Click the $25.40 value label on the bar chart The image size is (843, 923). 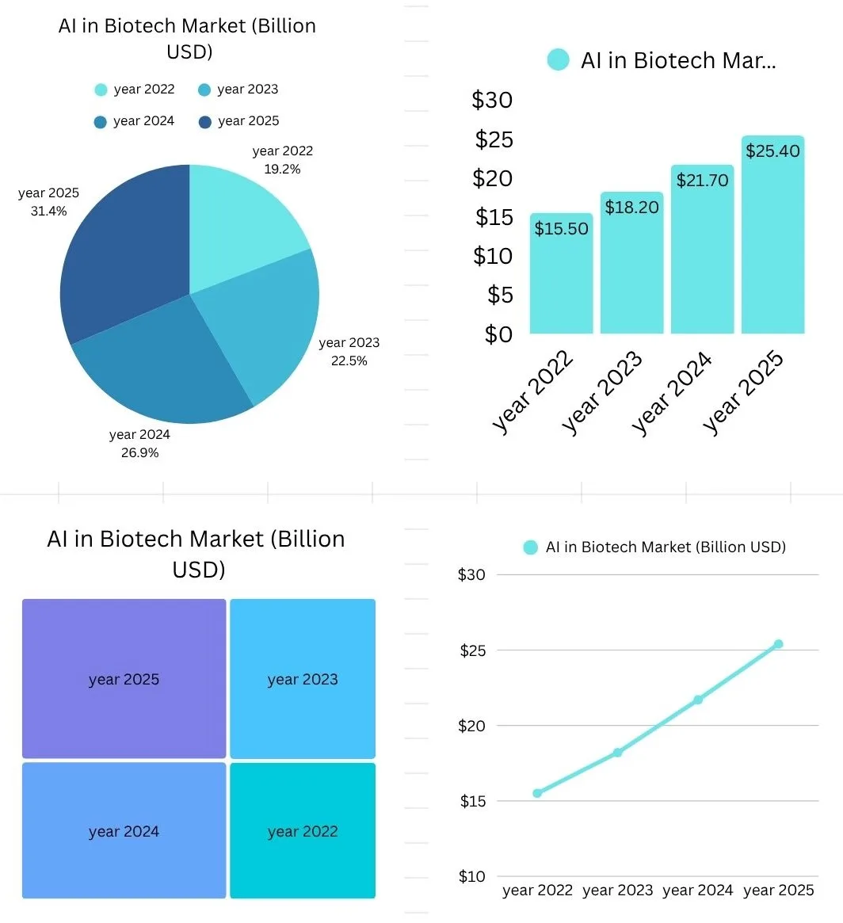tap(772, 151)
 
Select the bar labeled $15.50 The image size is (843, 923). tap(561, 273)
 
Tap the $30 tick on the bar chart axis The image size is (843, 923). tap(492, 100)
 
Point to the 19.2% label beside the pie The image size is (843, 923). tap(282, 169)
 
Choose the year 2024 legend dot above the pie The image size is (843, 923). tap(101, 122)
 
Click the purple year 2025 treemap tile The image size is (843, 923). tap(124, 679)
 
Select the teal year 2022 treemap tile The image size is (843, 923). tap(303, 831)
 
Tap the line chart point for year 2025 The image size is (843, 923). tap(778, 644)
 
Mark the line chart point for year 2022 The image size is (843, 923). tap(537, 793)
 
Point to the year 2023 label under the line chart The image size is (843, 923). tap(617, 891)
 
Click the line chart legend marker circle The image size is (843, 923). tap(531, 547)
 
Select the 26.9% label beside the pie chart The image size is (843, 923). tap(139, 452)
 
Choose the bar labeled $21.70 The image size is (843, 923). tap(702, 250)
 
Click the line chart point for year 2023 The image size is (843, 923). tap(617, 753)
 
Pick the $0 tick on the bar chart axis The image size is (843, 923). tap(498, 334)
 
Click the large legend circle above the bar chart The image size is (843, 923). tap(559, 60)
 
